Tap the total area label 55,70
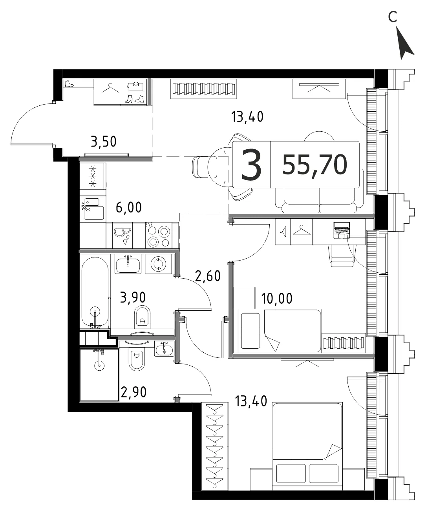pos(314,165)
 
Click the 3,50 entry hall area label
pos(104,142)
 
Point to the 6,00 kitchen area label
pos(128,208)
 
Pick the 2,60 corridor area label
pos(208,276)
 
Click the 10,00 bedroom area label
pos(277,298)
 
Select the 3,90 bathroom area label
pos(133,297)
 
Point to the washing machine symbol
pos(159,264)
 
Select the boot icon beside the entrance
pos(69,84)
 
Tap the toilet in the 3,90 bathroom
pos(142,317)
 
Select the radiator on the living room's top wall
pos(203,89)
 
